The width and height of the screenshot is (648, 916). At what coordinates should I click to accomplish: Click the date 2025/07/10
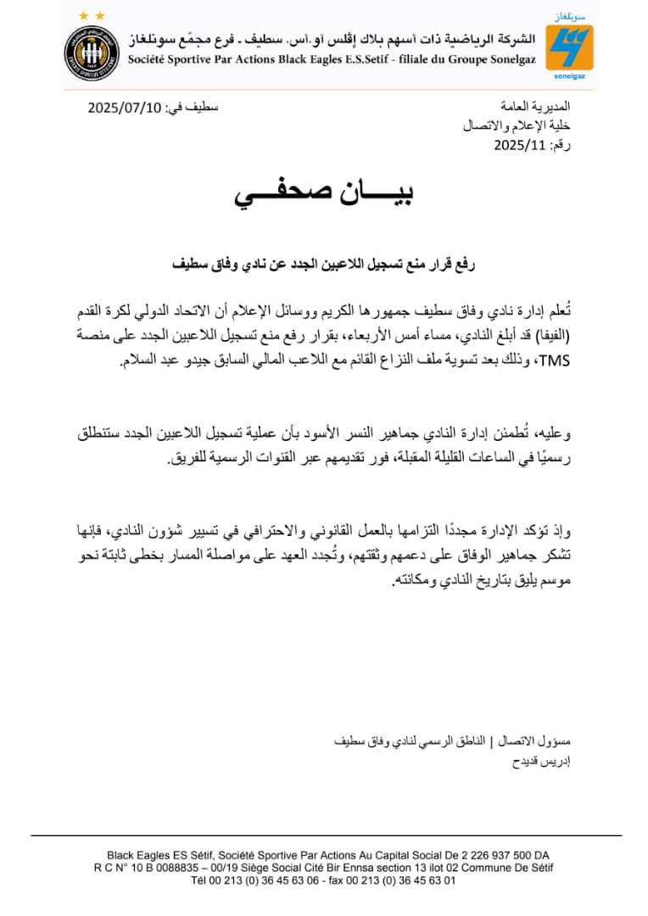pyautogui.click(x=126, y=108)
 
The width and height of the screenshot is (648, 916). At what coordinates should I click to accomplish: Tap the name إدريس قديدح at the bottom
pyautogui.click(x=544, y=761)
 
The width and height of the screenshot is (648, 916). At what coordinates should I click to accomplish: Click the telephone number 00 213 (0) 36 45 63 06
pyautogui.click(x=254, y=880)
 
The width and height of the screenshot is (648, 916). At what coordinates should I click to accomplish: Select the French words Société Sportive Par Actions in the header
pyautogui.click(x=195, y=59)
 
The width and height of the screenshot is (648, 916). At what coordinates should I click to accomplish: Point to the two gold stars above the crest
pyautogui.click(x=92, y=15)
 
